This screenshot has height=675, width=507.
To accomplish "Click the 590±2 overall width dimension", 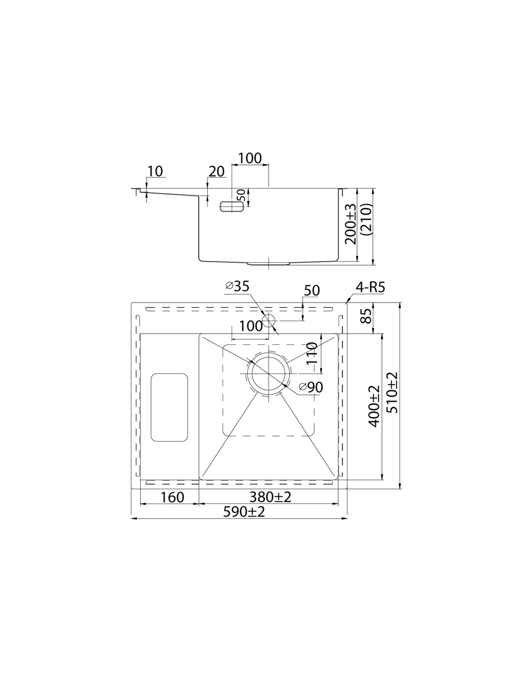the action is [244, 512].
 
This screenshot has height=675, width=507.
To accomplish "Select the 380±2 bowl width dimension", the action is [270, 497].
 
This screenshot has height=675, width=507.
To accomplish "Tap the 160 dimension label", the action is [172, 497].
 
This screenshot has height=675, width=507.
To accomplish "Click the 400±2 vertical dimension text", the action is [374, 406].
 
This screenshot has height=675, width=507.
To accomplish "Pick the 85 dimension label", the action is [366, 316].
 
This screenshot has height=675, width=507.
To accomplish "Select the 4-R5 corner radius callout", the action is [370, 287].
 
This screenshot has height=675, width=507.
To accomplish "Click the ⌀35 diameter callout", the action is [237, 286].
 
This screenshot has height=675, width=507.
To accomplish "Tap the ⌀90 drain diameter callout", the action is [311, 387].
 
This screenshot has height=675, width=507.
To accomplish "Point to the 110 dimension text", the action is [312, 353].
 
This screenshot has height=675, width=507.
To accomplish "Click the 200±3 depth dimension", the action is [350, 224].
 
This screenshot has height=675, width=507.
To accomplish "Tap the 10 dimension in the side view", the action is [155, 172].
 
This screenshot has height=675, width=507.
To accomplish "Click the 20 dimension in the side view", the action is [216, 172].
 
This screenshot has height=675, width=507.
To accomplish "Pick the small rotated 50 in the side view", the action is [242, 195].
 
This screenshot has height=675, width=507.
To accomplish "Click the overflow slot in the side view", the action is [232, 206].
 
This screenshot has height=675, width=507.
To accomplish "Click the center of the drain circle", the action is [269, 373].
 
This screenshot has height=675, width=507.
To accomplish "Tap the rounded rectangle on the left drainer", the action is [169, 407].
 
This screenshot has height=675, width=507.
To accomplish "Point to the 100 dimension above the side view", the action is [250, 158].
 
